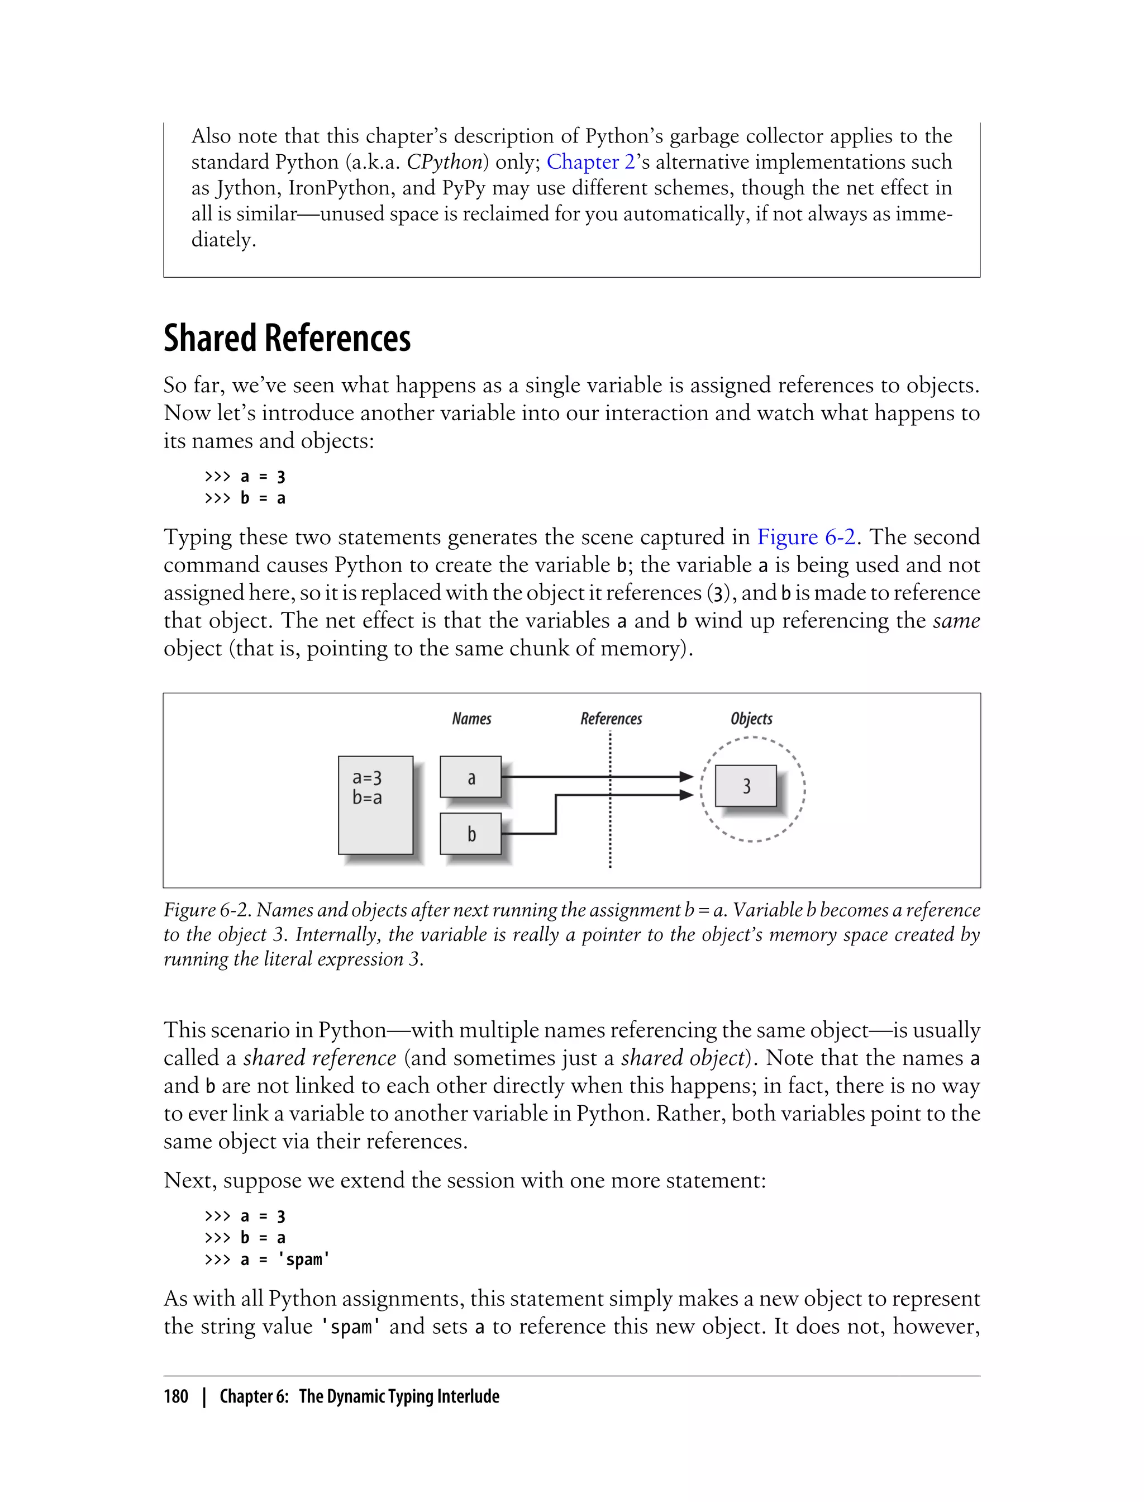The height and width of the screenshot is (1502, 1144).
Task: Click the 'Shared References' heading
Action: tap(287, 339)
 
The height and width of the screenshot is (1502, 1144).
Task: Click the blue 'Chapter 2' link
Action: tap(590, 162)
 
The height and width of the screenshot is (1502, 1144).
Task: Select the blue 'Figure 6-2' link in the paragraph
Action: tap(805, 537)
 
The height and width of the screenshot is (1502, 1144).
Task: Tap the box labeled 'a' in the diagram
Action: tap(470, 777)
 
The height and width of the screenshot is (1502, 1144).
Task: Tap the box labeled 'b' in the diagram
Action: tap(470, 834)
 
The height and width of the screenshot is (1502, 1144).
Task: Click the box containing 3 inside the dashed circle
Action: tap(746, 786)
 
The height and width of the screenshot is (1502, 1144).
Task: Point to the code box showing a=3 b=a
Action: tap(375, 805)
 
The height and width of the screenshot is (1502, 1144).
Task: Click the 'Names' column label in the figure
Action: tap(471, 719)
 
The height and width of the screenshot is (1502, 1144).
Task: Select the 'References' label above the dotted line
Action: tap(611, 719)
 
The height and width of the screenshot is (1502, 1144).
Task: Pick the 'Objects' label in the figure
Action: tap(751, 719)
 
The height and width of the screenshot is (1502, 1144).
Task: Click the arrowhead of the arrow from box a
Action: tap(687, 777)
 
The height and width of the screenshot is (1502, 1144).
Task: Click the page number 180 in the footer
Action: tap(176, 1396)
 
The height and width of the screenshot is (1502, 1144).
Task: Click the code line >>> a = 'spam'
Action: tap(267, 1259)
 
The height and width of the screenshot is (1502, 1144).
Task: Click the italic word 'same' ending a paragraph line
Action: tap(956, 621)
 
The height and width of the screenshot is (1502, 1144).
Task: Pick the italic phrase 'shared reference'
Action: tap(320, 1058)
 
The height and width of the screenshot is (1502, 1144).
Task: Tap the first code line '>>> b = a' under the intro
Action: tap(245, 498)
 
